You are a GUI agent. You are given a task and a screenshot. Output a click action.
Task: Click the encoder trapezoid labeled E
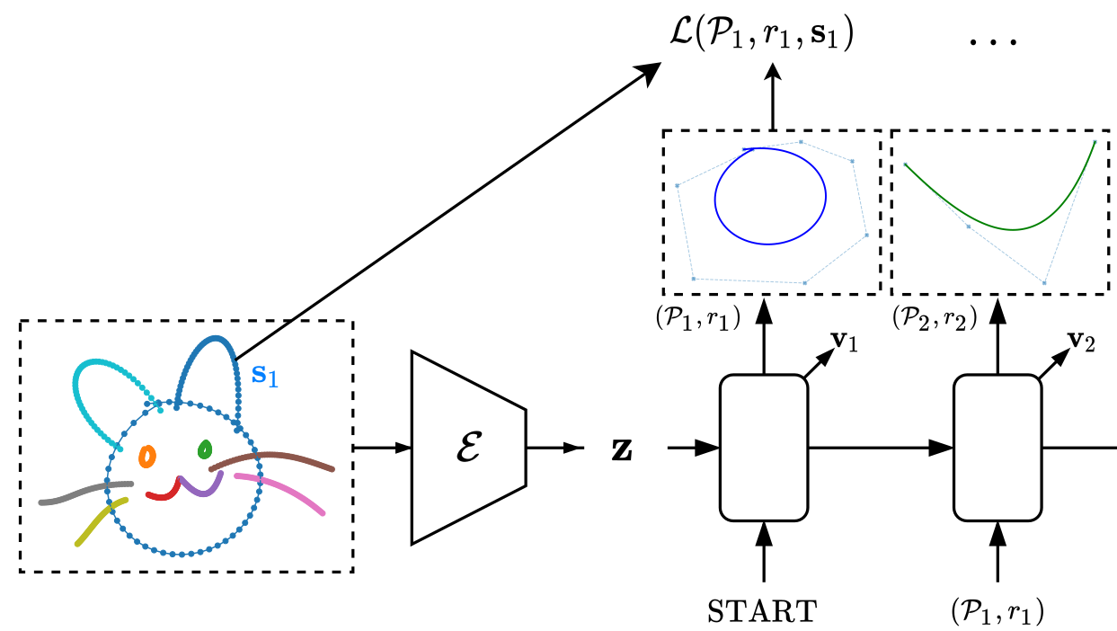click(x=468, y=448)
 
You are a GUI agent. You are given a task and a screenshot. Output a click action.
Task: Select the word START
click(x=762, y=611)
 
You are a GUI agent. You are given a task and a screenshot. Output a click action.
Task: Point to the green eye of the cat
click(x=205, y=449)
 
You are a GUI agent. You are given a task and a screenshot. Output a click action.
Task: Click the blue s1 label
click(x=264, y=375)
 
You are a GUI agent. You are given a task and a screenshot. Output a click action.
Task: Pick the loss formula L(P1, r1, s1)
click(x=761, y=34)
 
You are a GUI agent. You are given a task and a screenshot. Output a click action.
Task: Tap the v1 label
click(x=844, y=342)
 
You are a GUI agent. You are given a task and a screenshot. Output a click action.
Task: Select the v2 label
click(x=1081, y=342)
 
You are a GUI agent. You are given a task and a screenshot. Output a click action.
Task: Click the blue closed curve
click(x=715, y=200)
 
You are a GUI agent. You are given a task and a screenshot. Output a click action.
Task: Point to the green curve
click(x=1012, y=229)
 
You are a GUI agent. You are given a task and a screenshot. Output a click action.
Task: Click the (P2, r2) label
click(x=935, y=317)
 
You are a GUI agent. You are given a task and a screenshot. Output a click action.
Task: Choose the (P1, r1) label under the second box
click(x=997, y=611)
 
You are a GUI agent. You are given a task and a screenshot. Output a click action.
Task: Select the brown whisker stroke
click(x=271, y=455)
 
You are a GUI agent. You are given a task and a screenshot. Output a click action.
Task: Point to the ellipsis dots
click(x=992, y=42)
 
